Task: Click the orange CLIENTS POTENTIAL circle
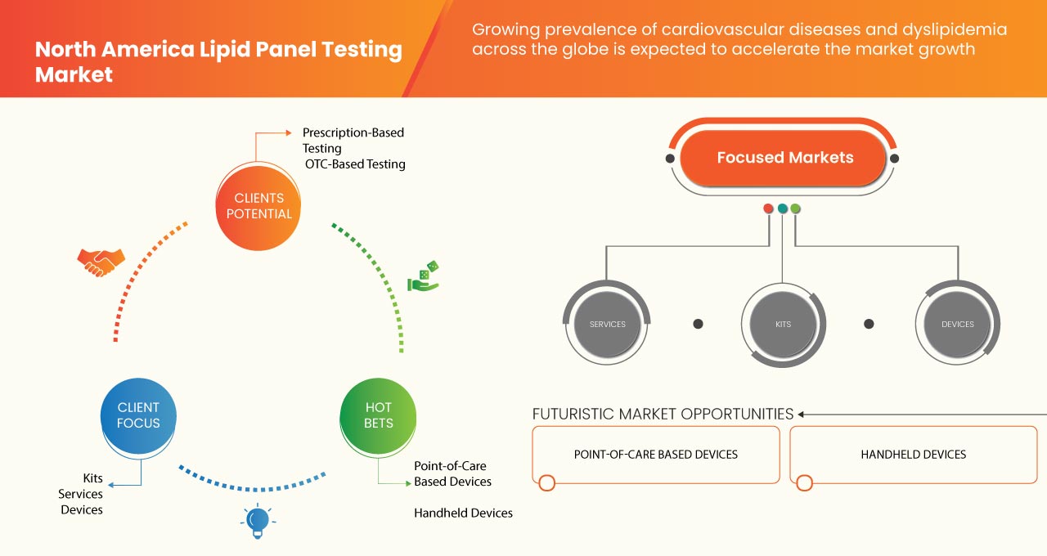coord(258,206)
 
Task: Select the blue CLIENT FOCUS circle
coord(138,415)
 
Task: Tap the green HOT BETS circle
coord(378,415)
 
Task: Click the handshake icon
coord(101,262)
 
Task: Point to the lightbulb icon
coord(258,521)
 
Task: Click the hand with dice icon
coord(424,277)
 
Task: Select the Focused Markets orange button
coord(784,158)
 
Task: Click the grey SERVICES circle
coord(607,324)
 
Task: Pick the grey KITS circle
coord(783,324)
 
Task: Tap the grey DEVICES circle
coord(957,324)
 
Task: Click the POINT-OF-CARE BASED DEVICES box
coord(655,455)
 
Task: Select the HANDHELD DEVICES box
coord(913,455)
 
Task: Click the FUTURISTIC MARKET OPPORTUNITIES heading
coord(663,414)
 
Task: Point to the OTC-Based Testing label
coord(355,164)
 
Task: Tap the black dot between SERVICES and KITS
coord(698,324)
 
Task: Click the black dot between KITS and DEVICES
coord(869,324)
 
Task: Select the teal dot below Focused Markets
coord(782,208)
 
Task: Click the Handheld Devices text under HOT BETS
coord(463,513)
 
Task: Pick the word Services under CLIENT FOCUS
coord(80,494)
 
